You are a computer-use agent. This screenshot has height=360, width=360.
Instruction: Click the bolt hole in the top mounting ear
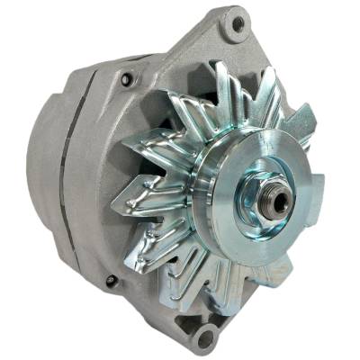(x=237, y=25)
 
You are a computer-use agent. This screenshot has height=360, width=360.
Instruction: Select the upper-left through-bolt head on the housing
(x=126, y=80)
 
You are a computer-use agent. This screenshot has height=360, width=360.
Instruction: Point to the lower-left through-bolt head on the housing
(x=110, y=281)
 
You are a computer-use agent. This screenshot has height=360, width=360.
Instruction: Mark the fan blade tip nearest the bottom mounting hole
(x=193, y=297)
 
